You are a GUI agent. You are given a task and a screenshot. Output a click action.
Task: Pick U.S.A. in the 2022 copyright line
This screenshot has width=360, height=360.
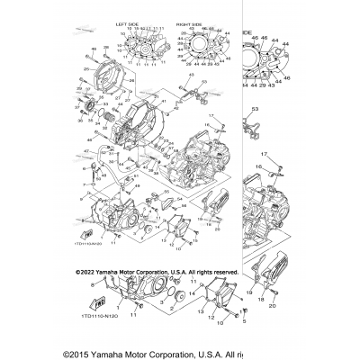166,270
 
